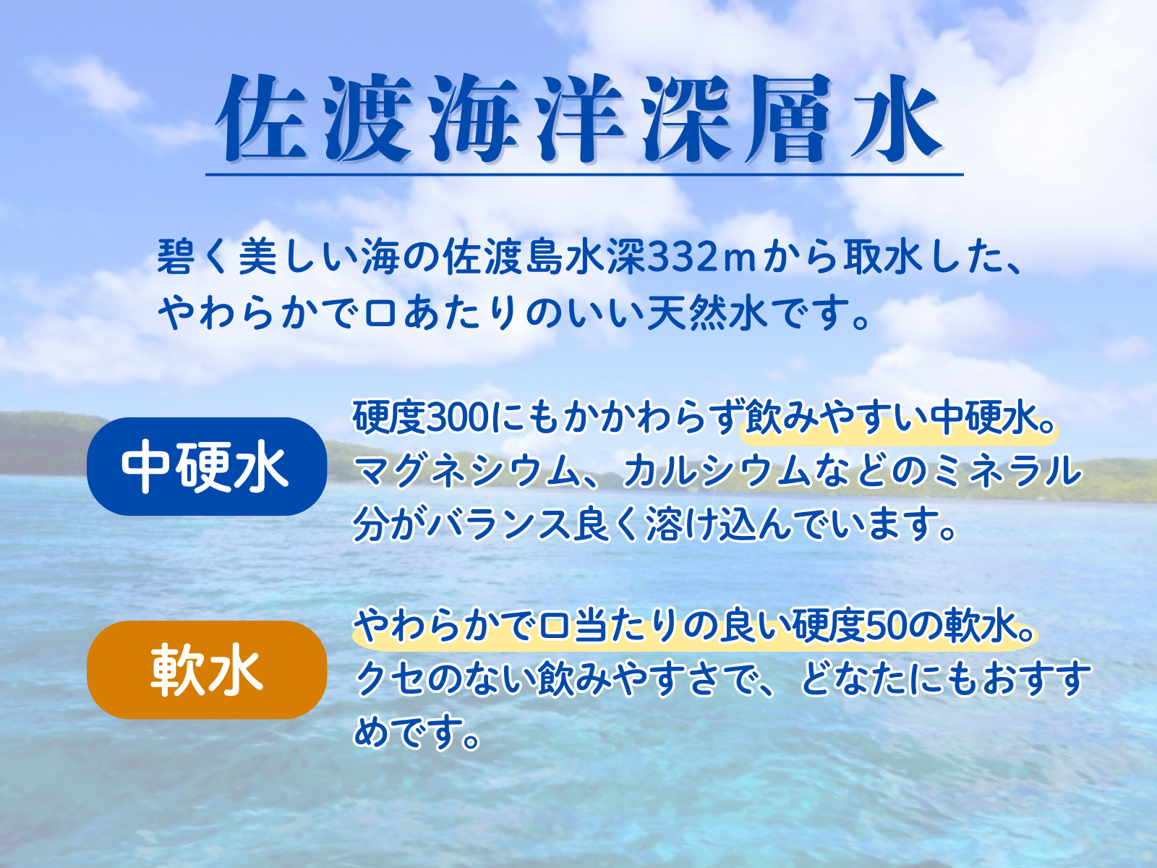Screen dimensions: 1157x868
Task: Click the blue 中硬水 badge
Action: [207, 467]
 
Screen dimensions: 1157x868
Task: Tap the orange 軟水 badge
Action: [207, 670]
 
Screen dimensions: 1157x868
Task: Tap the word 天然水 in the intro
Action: [706, 314]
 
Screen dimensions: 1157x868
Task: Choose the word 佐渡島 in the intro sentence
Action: [503, 258]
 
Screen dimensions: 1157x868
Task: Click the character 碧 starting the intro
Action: [174, 258]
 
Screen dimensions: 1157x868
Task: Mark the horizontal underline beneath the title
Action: [584, 174]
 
